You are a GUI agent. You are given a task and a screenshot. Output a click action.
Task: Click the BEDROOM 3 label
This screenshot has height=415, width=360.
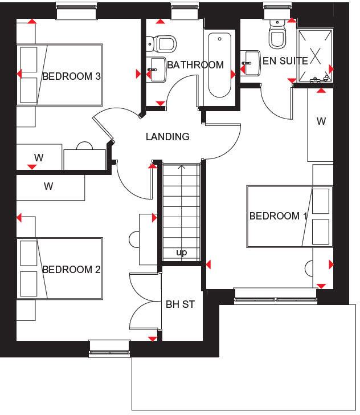(72, 76)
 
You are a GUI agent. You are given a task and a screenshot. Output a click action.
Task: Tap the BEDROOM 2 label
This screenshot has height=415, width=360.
(72, 270)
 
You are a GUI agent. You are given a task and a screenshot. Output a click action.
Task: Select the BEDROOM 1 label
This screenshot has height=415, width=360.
(279, 216)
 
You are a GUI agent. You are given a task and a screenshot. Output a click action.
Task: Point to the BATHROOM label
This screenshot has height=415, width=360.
(195, 65)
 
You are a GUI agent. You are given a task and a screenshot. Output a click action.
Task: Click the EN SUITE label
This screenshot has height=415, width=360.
(285, 60)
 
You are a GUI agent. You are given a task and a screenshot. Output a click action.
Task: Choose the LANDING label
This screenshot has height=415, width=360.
(167, 137)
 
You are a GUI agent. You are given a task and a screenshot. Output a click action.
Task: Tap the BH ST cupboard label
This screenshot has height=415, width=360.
(181, 304)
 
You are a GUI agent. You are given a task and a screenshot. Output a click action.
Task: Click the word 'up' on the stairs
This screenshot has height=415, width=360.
(182, 253)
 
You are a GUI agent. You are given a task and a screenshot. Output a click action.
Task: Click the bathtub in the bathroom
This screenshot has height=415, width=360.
(220, 66)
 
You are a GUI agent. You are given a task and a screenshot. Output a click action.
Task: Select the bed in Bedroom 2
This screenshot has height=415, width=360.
(60, 268)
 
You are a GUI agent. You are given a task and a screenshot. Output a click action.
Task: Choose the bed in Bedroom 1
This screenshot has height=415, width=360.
(289, 217)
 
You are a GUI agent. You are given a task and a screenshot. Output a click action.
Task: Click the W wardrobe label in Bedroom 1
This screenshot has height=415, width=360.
(321, 121)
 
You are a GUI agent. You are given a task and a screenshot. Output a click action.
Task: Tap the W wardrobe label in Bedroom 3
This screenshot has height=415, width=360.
(39, 157)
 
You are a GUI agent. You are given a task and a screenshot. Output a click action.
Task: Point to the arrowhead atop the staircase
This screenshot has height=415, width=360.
(182, 167)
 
